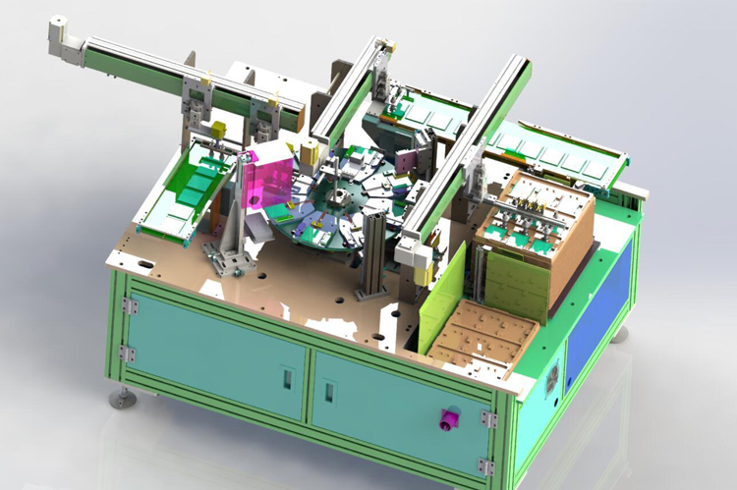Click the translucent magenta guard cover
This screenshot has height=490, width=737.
coord(269,176)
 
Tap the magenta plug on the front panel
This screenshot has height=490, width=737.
coord(450,420)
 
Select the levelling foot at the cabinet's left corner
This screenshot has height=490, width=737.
coord(123,398)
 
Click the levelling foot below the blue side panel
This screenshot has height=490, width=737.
coord(620,335)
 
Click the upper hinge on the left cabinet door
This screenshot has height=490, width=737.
coord(128,306)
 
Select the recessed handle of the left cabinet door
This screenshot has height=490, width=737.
coord(286,378)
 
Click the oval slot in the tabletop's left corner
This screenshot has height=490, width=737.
coord(144,263)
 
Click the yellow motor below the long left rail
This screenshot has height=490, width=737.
coord(219,131)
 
